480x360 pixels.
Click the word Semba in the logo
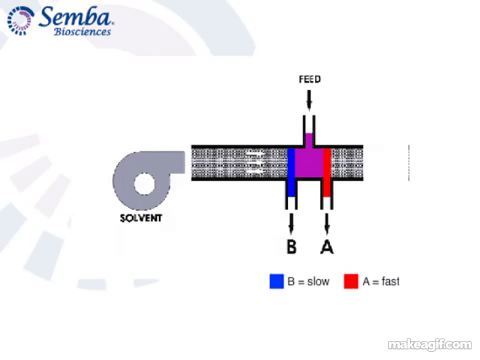pyautogui.click(x=76, y=17)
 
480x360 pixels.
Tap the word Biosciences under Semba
pyautogui.click(x=82, y=32)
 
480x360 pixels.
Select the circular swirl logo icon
pyautogui.click(x=20, y=21)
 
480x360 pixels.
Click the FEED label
pyautogui.click(x=310, y=79)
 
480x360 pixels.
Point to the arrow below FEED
pyautogui.click(x=309, y=100)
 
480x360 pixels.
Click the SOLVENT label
pyautogui.click(x=141, y=218)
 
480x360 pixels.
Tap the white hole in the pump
pyautogui.click(x=144, y=183)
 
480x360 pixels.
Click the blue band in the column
pyautogui.click(x=291, y=172)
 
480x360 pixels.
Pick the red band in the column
pyautogui.click(x=327, y=172)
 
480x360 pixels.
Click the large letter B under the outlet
pyautogui.click(x=292, y=247)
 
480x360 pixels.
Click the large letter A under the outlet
pyautogui.click(x=327, y=247)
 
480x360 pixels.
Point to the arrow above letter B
pyautogui.click(x=291, y=223)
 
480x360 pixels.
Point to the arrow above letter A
pyautogui.click(x=327, y=223)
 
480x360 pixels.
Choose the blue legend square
pyautogui.click(x=277, y=281)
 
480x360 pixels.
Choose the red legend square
pyautogui.click(x=351, y=281)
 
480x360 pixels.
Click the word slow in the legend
pyautogui.click(x=318, y=281)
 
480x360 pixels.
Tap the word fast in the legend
pyautogui.click(x=390, y=281)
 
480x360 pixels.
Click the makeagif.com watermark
pyautogui.click(x=430, y=345)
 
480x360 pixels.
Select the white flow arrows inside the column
pyautogui.click(x=256, y=163)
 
